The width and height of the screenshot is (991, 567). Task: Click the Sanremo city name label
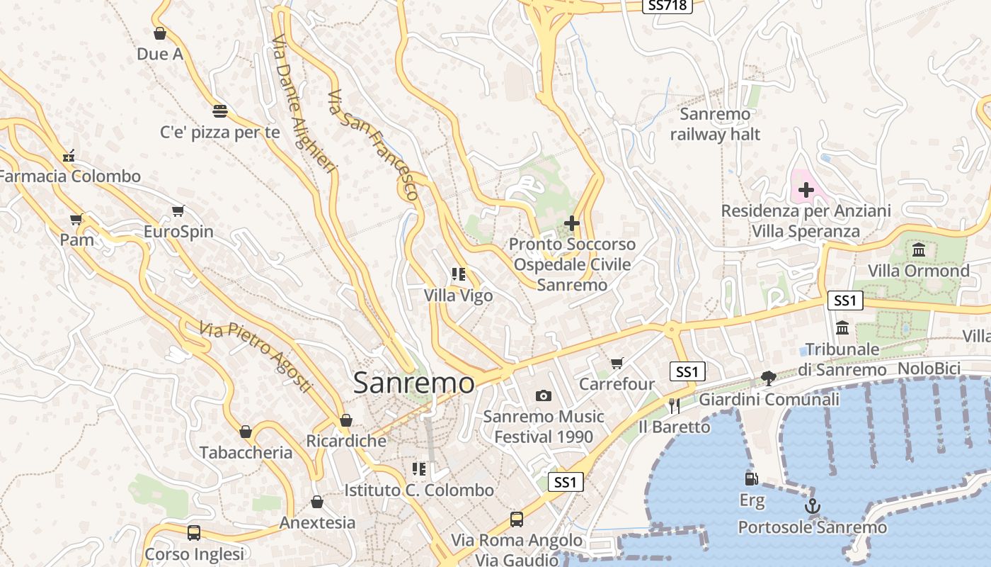click(x=413, y=383)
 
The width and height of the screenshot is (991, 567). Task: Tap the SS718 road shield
click(x=667, y=6)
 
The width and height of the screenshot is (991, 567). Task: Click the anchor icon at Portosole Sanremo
click(x=813, y=506)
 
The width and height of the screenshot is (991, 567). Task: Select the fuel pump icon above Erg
click(x=752, y=480)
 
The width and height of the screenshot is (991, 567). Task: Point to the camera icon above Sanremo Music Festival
click(x=544, y=395)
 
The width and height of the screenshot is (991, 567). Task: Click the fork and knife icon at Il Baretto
click(x=674, y=405)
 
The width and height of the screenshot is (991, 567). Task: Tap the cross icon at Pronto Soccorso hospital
click(x=572, y=223)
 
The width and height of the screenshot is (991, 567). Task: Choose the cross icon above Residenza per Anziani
click(x=806, y=189)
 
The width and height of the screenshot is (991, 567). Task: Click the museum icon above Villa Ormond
click(x=919, y=249)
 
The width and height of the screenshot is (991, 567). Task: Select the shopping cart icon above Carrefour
click(x=617, y=363)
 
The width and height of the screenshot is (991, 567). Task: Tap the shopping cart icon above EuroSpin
click(x=178, y=210)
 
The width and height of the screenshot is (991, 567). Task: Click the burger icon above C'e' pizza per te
click(x=220, y=111)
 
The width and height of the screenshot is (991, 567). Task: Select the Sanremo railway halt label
click(x=715, y=124)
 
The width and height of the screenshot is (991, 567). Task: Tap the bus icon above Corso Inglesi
click(x=193, y=532)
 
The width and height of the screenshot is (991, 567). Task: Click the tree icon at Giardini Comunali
click(x=768, y=378)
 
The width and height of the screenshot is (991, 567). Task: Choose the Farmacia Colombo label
click(x=69, y=176)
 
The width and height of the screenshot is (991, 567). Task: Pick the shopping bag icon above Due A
click(x=160, y=33)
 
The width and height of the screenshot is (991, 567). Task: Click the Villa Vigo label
click(x=458, y=296)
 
